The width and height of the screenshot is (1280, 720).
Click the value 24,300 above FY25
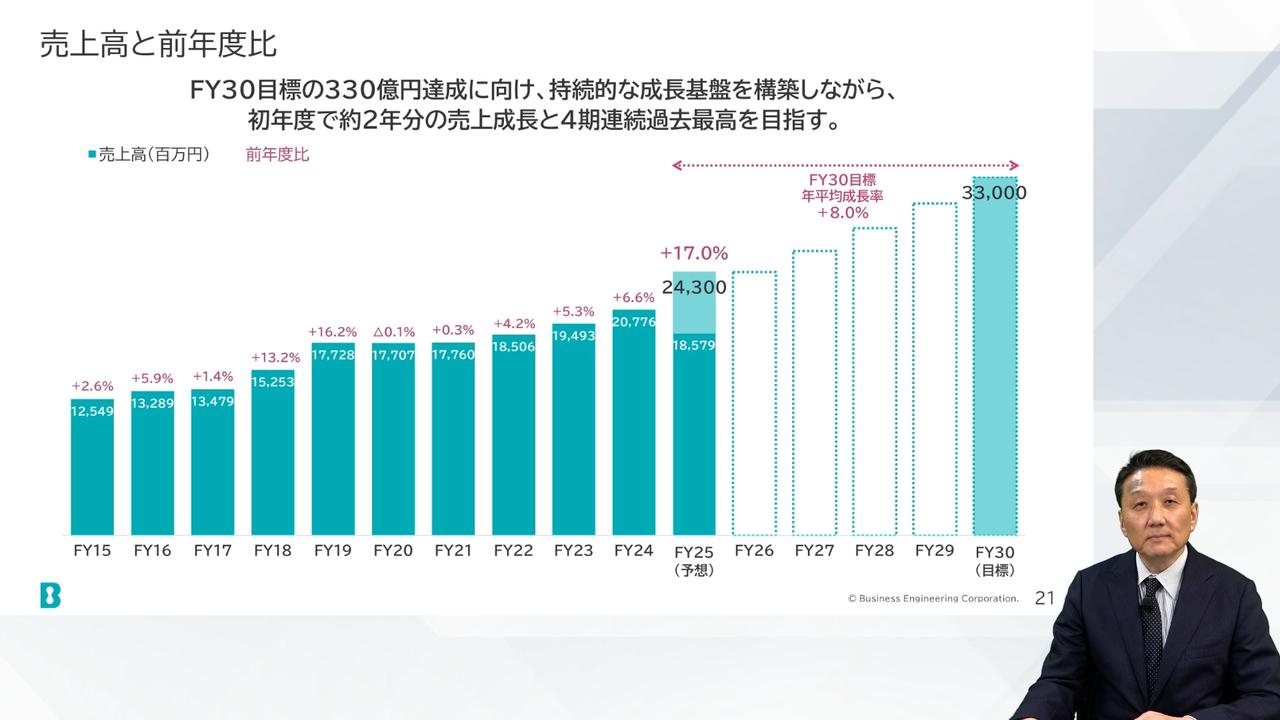tap(694, 287)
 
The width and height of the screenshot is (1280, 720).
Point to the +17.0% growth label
tap(694, 254)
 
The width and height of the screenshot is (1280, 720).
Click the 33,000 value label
tap(994, 193)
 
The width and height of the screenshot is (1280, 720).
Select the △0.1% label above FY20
tap(393, 332)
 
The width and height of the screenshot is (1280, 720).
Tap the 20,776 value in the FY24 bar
tap(634, 321)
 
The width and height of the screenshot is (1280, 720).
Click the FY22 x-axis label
tap(513, 550)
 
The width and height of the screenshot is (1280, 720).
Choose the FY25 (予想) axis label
tap(694, 560)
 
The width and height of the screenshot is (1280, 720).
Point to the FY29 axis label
tap(935, 550)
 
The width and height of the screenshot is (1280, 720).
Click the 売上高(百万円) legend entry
tap(149, 155)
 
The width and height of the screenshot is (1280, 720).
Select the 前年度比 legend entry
tap(277, 155)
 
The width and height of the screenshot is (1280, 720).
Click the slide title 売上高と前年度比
tap(158, 45)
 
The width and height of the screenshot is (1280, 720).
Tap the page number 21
tap(1045, 598)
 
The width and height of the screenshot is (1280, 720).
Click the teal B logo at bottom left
tap(50, 595)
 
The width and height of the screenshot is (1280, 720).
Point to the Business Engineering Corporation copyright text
tap(933, 599)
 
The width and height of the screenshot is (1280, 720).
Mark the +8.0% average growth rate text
tap(842, 212)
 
